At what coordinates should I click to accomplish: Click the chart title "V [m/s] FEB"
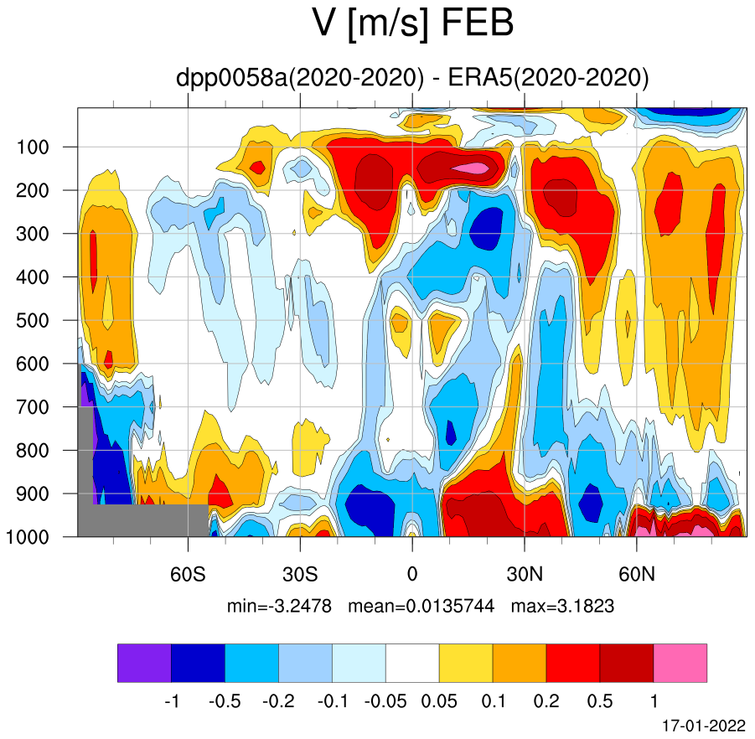pyautogui.click(x=412, y=23)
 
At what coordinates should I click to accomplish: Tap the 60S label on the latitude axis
pyautogui.click(x=188, y=574)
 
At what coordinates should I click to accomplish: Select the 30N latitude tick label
pyautogui.click(x=525, y=574)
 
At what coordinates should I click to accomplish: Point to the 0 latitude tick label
pyautogui.click(x=412, y=574)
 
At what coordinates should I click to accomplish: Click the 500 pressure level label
pyautogui.click(x=33, y=321)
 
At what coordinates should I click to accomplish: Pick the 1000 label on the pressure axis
pyautogui.click(x=28, y=537)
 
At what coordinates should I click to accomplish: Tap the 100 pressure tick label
pyautogui.click(x=33, y=147)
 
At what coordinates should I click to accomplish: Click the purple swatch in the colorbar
pyautogui.click(x=144, y=663)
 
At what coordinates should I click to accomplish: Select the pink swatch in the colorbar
pyautogui.click(x=680, y=663)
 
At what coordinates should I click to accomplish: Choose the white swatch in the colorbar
pyautogui.click(x=412, y=663)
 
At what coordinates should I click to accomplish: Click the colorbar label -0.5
pyautogui.click(x=225, y=701)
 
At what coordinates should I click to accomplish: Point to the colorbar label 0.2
pyautogui.click(x=546, y=701)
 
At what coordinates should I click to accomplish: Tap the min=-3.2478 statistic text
pyautogui.click(x=279, y=606)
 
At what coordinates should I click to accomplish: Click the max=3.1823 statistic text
pyautogui.click(x=562, y=606)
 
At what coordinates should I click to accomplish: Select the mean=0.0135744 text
pyautogui.click(x=421, y=606)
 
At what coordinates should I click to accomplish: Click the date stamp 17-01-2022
pyautogui.click(x=704, y=726)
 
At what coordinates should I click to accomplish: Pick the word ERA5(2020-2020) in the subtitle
pyautogui.click(x=548, y=78)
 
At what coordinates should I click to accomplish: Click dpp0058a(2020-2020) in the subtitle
pyautogui.click(x=300, y=78)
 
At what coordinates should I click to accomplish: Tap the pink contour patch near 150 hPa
pyautogui.click(x=471, y=168)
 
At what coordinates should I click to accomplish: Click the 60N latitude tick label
pyautogui.click(x=637, y=574)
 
